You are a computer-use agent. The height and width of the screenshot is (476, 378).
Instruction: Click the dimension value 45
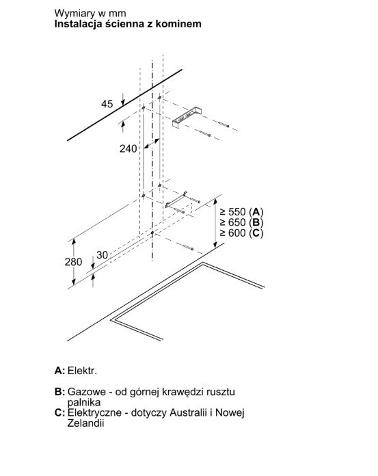point(107,104)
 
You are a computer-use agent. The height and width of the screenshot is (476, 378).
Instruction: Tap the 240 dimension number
point(128,149)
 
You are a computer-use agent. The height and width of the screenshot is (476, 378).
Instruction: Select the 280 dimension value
point(73,262)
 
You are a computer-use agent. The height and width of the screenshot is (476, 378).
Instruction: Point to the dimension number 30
point(103,255)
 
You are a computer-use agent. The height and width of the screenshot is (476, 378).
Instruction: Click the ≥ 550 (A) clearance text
point(241,211)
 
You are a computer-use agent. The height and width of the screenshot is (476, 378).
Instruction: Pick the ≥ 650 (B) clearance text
point(241,222)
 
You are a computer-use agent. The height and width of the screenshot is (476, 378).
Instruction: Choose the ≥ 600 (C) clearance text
point(241,233)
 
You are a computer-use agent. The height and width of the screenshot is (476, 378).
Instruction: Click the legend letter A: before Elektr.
point(59,371)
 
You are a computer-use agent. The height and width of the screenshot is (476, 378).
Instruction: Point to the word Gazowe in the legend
point(86,392)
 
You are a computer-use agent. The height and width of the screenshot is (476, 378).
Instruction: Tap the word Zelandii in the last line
point(85,423)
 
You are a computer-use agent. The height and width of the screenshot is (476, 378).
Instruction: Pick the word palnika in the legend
point(83,403)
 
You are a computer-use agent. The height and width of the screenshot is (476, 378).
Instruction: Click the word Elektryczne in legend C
point(94,413)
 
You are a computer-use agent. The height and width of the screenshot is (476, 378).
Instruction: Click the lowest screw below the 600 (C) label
point(188,247)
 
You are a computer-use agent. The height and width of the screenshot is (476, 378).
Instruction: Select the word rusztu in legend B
point(221,392)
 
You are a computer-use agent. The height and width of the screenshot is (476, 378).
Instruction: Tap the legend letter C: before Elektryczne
point(59,412)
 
